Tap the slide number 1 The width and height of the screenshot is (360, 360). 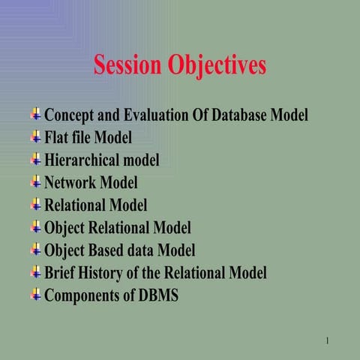(328, 342)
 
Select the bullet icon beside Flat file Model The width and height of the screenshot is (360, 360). (36, 136)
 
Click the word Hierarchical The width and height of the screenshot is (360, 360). (86, 160)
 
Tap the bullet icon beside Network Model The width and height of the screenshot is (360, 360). (36, 181)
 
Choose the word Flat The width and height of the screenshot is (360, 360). (58, 138)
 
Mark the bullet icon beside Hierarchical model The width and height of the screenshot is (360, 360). (36, 159)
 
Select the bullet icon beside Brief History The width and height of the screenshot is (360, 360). (36, 271)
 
